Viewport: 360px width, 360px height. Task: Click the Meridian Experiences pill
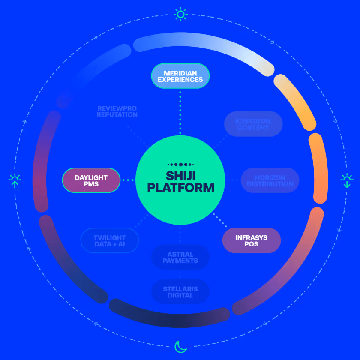click(180, 76)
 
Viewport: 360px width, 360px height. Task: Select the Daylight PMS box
click(91, 180)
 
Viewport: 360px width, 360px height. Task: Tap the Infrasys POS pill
click(252, 240)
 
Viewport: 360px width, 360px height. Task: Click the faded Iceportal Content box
click(253, 124)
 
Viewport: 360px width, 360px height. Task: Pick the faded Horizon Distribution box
click(270, 180)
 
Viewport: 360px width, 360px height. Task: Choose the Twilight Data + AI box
click(110, 240)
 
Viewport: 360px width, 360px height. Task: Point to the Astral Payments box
click(180, 258)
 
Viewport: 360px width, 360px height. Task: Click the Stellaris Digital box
click(180, 292)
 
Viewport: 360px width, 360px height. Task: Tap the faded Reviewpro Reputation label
click(117, 111)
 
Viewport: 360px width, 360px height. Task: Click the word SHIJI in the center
click(180, 176)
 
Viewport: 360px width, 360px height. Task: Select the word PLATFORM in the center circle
click(180, 188)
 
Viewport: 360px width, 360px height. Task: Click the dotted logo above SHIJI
click(180, 164)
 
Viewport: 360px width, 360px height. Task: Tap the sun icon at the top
click(180, 15)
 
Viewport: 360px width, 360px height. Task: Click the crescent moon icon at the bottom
click(180, 346)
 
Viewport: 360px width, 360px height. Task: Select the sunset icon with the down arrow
click(346, 180)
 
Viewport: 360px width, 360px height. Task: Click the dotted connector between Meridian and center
click(180, 111)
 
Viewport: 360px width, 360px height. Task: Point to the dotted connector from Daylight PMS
click(128, 180)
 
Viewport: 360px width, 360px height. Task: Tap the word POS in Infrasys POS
click(252, 244)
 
